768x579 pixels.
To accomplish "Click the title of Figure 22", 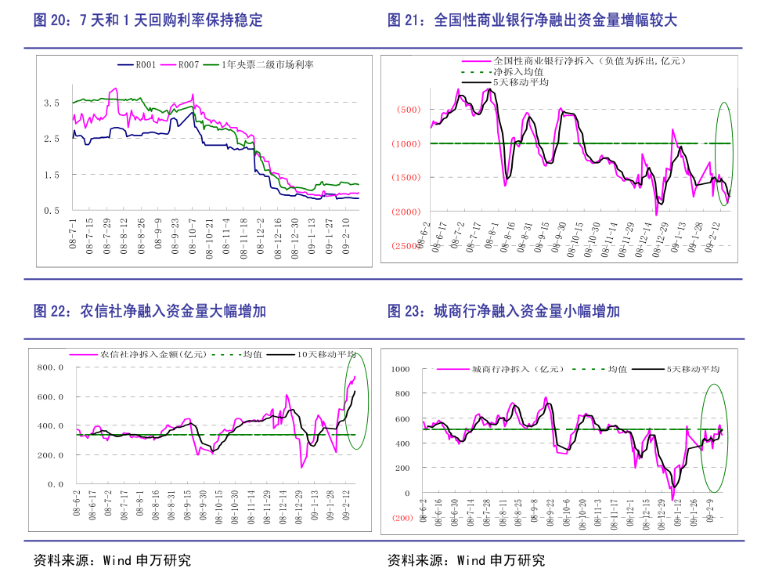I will (150, 311).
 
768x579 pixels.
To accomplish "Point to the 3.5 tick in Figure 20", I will (52, 103).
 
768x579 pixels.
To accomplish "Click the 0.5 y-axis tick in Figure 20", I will (52, 211).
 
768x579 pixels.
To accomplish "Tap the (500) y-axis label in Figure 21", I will (409, 110).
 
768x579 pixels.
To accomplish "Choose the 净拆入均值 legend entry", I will (517, 71).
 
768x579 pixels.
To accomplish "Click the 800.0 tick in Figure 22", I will (50, 367).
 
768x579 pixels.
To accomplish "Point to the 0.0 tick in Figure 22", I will (55, 484).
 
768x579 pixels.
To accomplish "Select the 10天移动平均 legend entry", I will (326, 354).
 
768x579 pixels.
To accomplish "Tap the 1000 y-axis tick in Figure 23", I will (400, 369).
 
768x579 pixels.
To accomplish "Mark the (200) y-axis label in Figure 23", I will (402, 519).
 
